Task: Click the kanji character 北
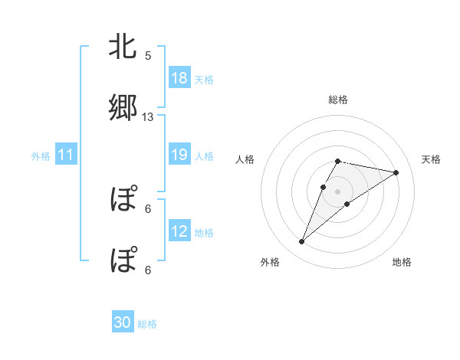point(123,48)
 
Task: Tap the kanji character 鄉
point(123,108)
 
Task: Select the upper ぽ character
point(123,201)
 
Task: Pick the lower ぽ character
point(123,260)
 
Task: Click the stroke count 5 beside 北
point(148,56)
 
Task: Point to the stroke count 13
point(148,116)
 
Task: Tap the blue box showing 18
point(179,78)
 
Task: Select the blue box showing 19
point(179,155)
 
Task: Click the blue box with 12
point(179,231)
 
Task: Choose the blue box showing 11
point(66,155)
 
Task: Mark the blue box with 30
point(123,323)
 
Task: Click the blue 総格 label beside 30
point(147,324)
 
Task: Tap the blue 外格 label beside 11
point(41,155)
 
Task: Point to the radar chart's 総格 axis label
point(338,100)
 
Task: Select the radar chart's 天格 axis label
point(432,159)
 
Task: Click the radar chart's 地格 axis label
point(402,262)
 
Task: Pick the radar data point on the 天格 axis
point(396,172)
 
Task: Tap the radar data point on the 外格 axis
point(301,242)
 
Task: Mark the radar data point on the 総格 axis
point(338,161)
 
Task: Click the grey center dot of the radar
point(338,191)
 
